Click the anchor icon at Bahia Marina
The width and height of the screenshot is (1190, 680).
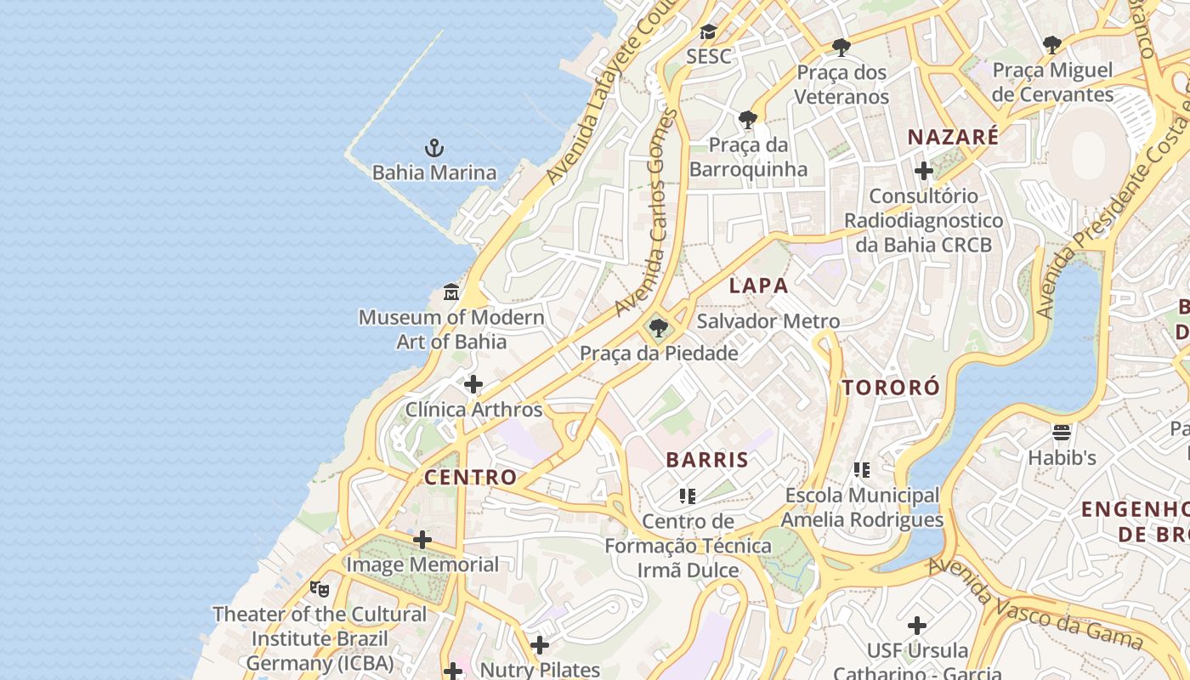[x=434, y=148]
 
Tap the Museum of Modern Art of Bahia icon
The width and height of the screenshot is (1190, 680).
[x=451, y=292]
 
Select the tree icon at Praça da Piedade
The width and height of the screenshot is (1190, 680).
[x=658, y=328]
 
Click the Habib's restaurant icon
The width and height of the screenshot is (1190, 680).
[x=1062, y=433]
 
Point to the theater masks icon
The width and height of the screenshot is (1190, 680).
[x=320, y=588]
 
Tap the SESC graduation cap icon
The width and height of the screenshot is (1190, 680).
[x=708, y=32]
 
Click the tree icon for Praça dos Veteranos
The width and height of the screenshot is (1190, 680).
[x=841, y=47]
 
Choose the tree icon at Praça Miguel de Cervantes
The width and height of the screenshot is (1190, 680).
[x=1052, y=45]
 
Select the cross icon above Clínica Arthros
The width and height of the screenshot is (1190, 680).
[x=473, y=384]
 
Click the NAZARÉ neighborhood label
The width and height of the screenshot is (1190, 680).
[x=953, y=137]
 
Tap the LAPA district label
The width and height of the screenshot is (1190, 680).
[x=759, y=286]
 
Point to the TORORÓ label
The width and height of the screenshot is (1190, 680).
[x=891, y=388]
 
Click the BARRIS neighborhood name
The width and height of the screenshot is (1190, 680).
[x=707, y=460]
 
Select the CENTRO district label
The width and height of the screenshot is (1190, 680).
[x=470, y=477]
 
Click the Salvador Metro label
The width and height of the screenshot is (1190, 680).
[x=768, y=321]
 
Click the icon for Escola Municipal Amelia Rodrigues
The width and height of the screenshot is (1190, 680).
[x=862, y=469]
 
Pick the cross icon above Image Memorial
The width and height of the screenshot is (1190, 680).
[x=422, y=540]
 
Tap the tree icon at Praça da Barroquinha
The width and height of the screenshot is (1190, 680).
[x=748, y=119]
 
